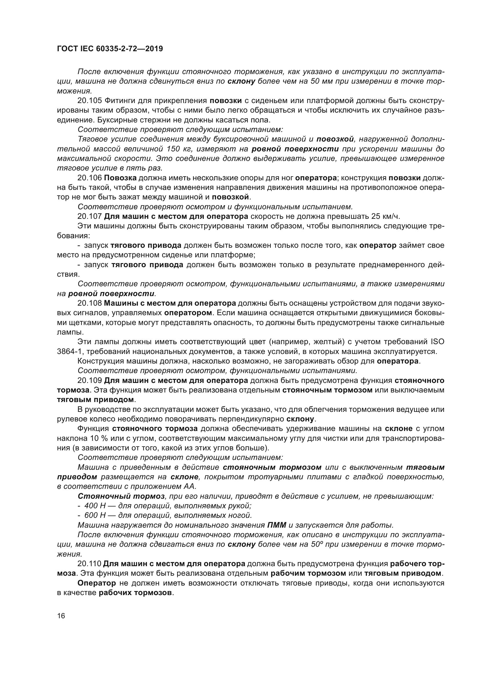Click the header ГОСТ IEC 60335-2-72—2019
point(110,49)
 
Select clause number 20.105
point(89,100)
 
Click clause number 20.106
point(89,178)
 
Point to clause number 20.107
point(89,216)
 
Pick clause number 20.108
point(89,303)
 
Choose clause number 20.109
point(89,380)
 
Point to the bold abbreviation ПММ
point(277,525)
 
